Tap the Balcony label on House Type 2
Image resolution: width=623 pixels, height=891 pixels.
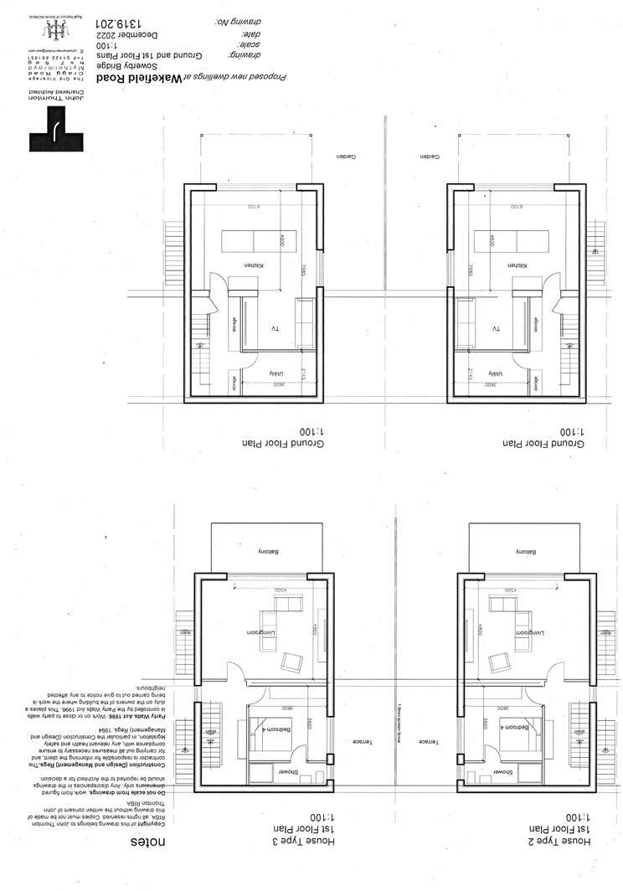(526, 552)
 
